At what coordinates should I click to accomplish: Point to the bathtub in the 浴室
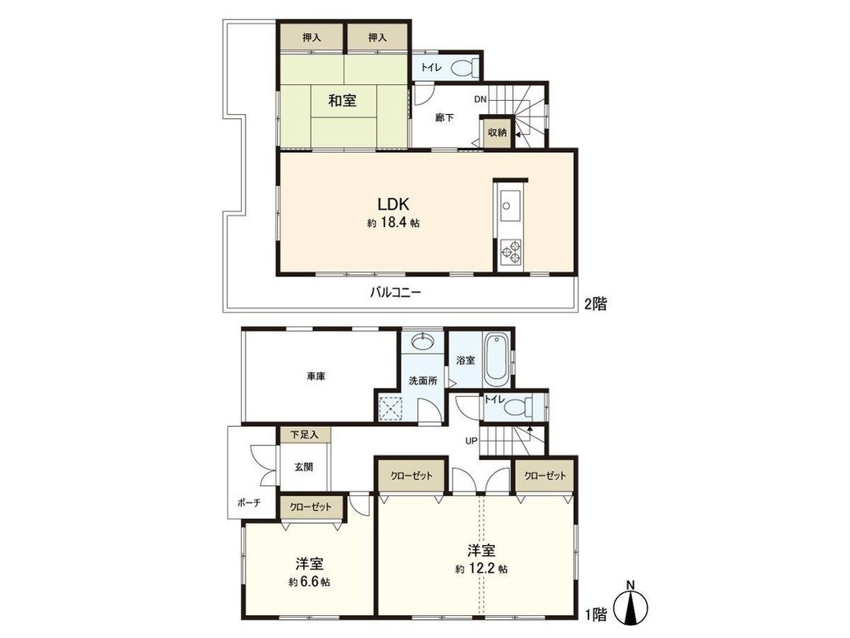[x=496, y=359]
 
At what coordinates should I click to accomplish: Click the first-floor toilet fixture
[x=516, y=409]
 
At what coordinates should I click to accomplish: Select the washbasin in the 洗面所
[x=423, y=342]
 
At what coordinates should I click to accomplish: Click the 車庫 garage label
[x=316, y=376]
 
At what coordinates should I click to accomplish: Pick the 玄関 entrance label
[x=304, y=466]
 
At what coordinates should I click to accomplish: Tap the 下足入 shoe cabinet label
[x=304, y=434]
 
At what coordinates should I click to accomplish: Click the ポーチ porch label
[x=248, y=502]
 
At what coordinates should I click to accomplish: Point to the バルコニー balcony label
[x=396, y=292]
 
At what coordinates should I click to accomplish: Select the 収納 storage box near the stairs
[x=496, y=132]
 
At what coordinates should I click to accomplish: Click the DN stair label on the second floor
[x=480, y=100]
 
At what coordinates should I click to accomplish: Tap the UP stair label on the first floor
[x=471, y=440]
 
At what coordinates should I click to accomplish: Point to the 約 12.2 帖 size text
[x=480, y=568]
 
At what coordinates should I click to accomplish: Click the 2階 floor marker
[x=596, y=303]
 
